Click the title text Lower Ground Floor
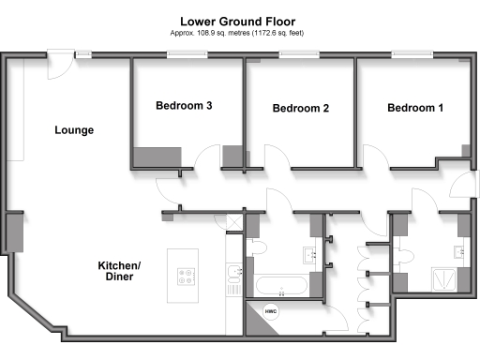point(241,20)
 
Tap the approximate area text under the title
point(241,33)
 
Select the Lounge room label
point(74,130)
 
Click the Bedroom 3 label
point(183,106)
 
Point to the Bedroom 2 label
point(300,109)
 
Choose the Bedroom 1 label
point(415,108)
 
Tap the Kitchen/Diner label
point(119,272)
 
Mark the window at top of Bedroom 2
point(300,55)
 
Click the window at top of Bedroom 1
point(412,55)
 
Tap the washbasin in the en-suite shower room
point(459,251)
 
